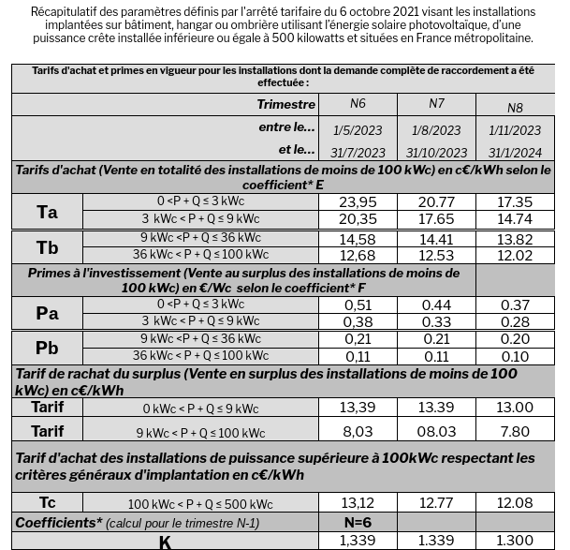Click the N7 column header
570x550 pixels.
[x=436, y=104]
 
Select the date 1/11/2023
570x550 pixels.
[x=515, y=130]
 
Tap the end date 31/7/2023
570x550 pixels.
[x=358, y=153]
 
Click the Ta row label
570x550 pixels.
[x=47, y=212]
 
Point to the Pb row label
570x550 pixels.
[x=47, y=348]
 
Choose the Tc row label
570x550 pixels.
[x=47, y=503]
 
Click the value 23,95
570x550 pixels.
[x=358, y=202]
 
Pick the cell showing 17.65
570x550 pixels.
[x=436, y=219]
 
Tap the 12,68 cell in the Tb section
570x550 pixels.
[x=358, y=256]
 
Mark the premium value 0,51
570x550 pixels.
[x=358, y=305]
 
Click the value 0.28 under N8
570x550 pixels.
[x=515, y=322]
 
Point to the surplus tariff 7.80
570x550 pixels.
[x=515, y=431]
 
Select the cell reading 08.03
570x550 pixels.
[x=436, y=431]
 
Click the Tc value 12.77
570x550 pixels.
[x=436, y=503]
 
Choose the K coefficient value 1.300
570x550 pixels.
[x=515, y=542]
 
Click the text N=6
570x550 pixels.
[x=358, y=522]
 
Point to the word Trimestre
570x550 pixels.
[x=285, y=104]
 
